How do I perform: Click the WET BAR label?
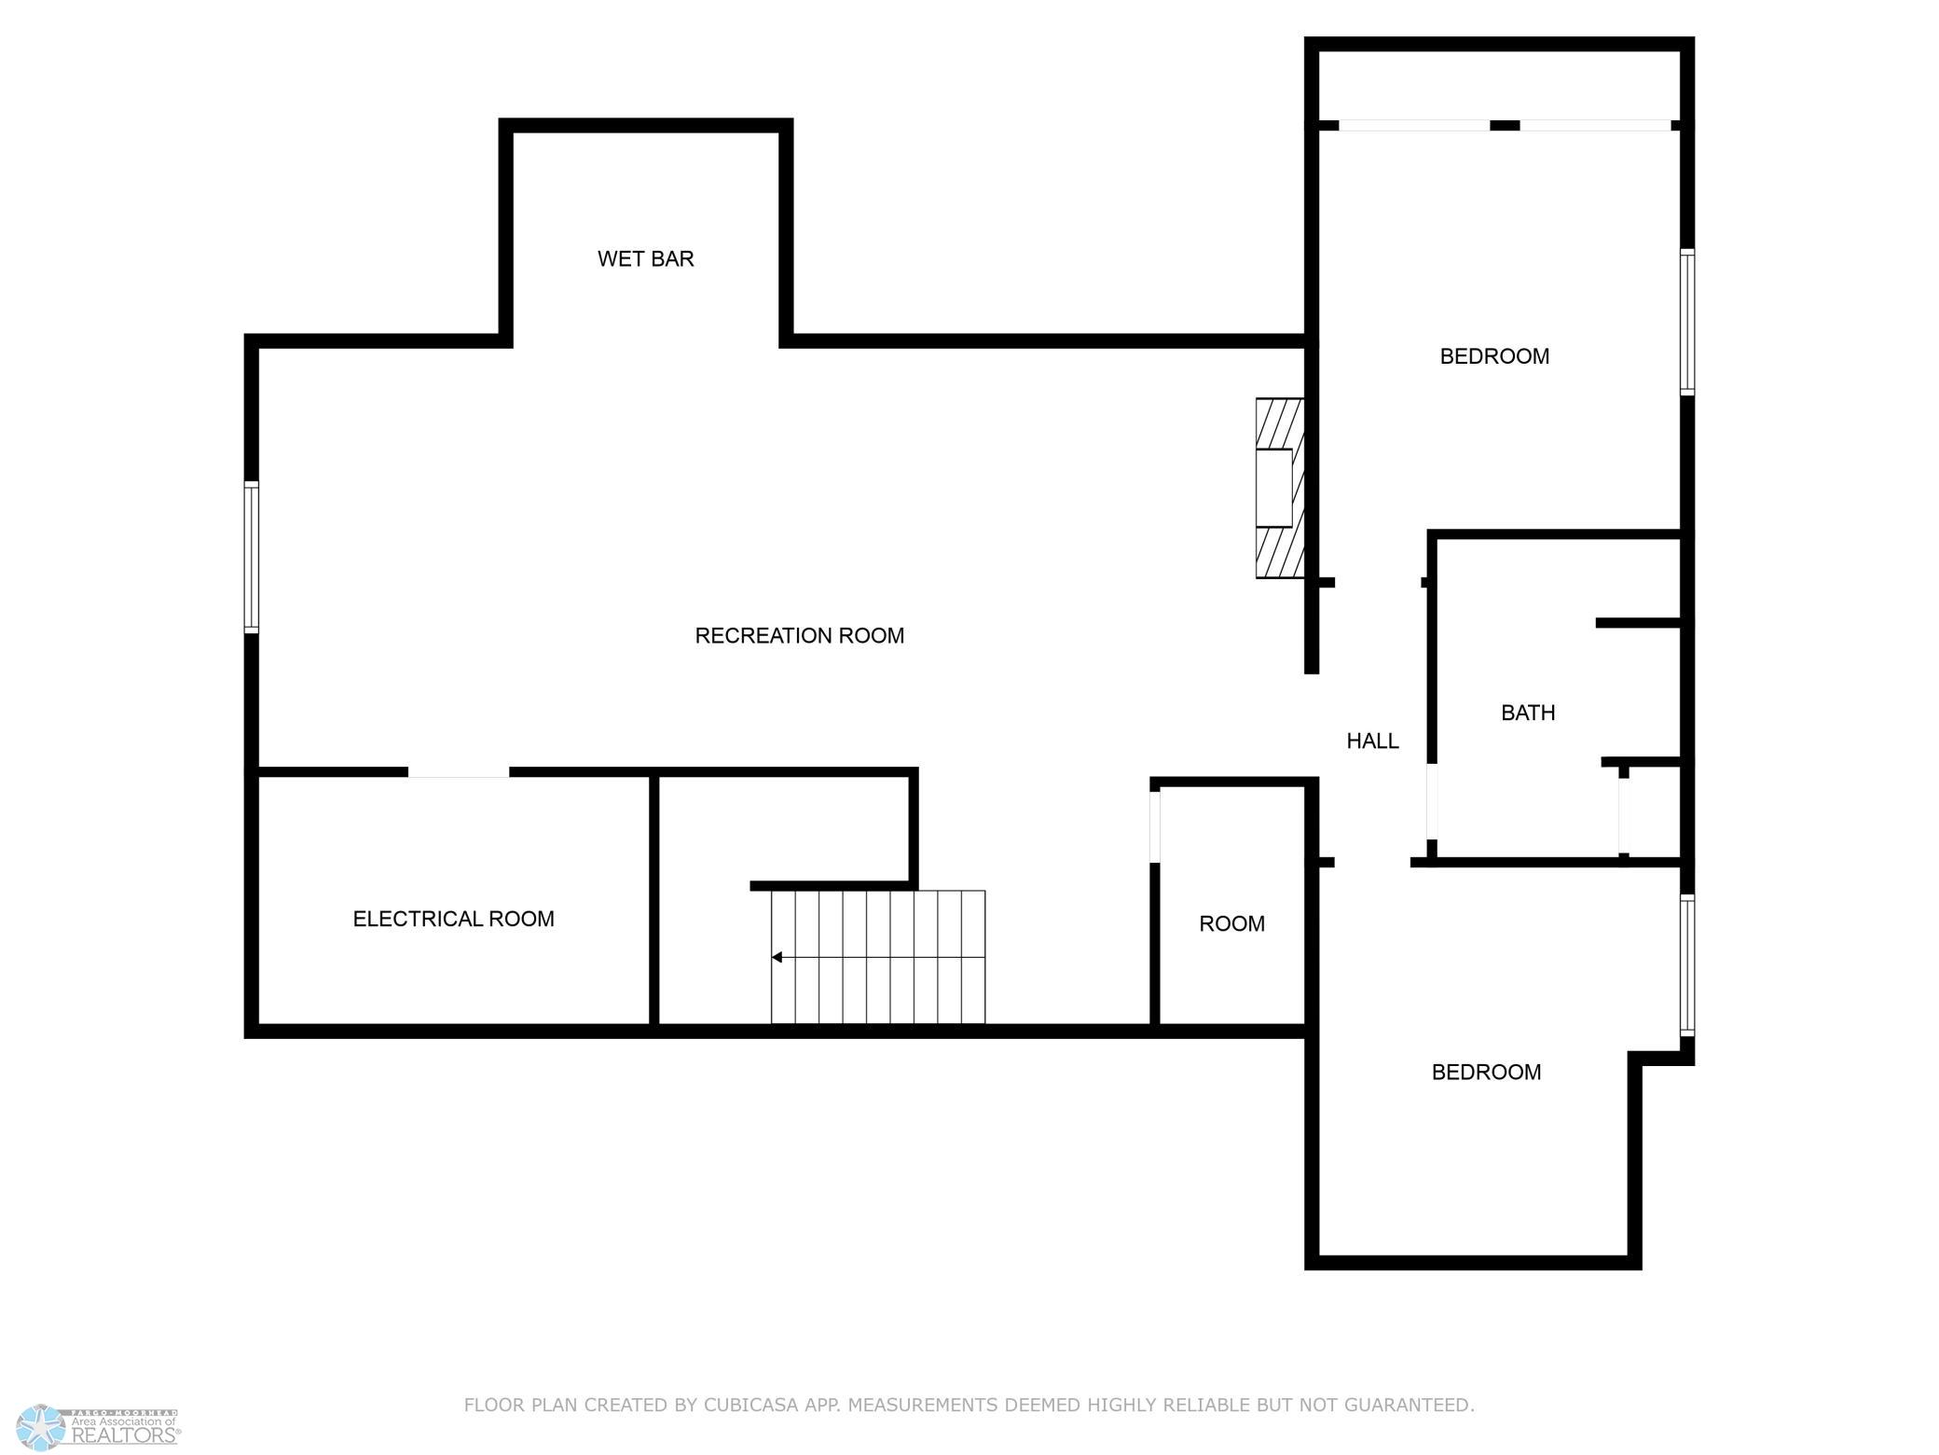click(x=646, y=259)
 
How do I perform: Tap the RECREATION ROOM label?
click(x=800, y=636)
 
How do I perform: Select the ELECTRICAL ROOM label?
click(x=454, y=920)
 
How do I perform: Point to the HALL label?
click(x=1373, y=741)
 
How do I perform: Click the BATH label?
click(x=1528, y=714)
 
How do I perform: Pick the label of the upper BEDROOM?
click(x=1494, y=356)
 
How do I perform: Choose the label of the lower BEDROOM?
click(x=1486, y=1073)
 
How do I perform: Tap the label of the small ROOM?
click(x=1231, y=924)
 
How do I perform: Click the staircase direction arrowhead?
click(x=777, y=958)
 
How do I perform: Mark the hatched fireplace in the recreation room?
click(x=1279, y=489)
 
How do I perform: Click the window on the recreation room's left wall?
click(x=252, y=557)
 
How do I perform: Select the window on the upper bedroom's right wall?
click(x=1687, y=322)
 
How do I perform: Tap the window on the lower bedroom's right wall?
click(x=1687, y=965)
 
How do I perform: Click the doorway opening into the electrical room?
click(x=459, y=772)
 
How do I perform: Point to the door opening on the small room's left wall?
click(x=1155, y=826)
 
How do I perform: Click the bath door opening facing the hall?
click(x=1432, y=802)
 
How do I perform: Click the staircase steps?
click(x=878, y=957)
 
